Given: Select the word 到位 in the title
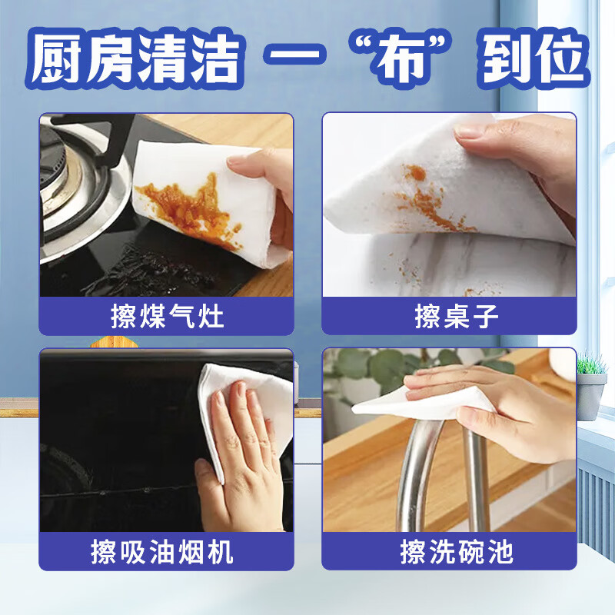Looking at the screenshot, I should [534, 59].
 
